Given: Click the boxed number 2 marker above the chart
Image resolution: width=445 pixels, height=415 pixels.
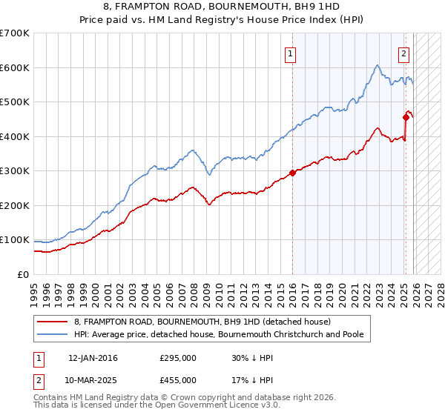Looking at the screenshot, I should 403,53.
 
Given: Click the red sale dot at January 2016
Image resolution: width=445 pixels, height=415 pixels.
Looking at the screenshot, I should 292,173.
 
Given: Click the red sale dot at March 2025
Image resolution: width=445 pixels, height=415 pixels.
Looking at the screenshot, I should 406,117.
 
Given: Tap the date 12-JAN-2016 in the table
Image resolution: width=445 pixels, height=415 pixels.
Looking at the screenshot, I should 93,358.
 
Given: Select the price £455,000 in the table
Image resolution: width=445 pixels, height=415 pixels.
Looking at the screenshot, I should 178,380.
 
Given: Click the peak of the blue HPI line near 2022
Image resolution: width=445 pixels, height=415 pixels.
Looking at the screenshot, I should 377,65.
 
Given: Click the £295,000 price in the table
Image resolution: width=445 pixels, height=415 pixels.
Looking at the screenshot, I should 178,358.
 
